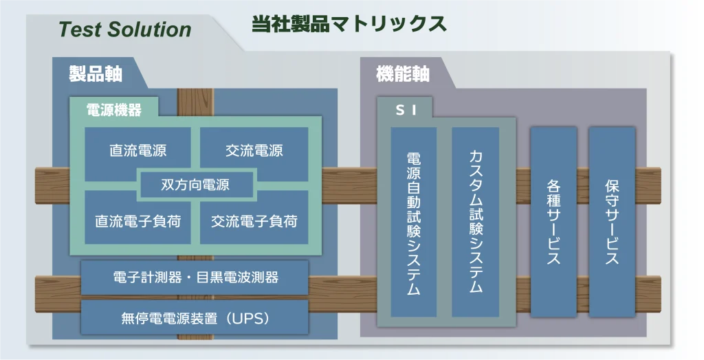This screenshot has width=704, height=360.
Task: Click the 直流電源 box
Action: point(137,150)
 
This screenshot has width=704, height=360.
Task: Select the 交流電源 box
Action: point(254,150)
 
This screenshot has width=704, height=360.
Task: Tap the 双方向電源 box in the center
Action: point(195,185)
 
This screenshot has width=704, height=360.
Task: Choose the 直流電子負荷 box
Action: point(137,220)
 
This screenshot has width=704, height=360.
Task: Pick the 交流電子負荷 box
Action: point(254,220)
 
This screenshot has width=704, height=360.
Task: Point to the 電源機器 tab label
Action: point(114,109)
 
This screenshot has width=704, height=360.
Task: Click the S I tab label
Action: point(406,110)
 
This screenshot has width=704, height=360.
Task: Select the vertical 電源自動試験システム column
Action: point(413,222)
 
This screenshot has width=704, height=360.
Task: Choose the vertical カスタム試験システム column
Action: point(476,222)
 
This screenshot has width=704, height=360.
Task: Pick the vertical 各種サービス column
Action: point(553,222)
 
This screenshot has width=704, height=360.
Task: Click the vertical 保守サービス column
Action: point(612,222)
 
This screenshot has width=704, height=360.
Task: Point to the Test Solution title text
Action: point(125,30)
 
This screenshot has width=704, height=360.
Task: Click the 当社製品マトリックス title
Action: point(349,24)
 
